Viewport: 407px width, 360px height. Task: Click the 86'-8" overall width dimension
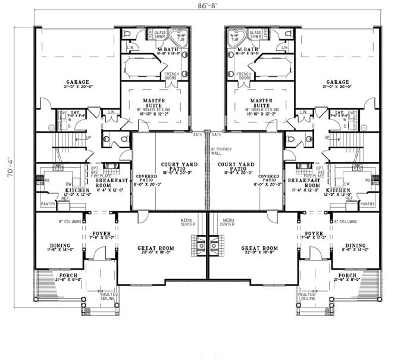[204, 6]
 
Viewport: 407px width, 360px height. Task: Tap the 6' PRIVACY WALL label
[220, 151]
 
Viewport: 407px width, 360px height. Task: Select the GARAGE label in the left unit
[78, 82]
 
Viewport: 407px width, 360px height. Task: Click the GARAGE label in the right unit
[338, 82]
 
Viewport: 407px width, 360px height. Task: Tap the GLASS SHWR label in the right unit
[256, 35]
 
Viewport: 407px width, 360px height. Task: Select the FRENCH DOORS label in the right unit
[245, 76]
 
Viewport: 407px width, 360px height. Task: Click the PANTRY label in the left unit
[48, 204]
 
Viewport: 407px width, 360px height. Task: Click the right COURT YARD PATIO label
[236, 166]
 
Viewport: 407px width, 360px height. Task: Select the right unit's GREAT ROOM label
[259, 248]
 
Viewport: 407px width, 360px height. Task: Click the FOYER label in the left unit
[102, 234]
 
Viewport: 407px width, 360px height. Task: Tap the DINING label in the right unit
[356, 246]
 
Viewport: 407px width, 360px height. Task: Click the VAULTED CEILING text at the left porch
[108, 296]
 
